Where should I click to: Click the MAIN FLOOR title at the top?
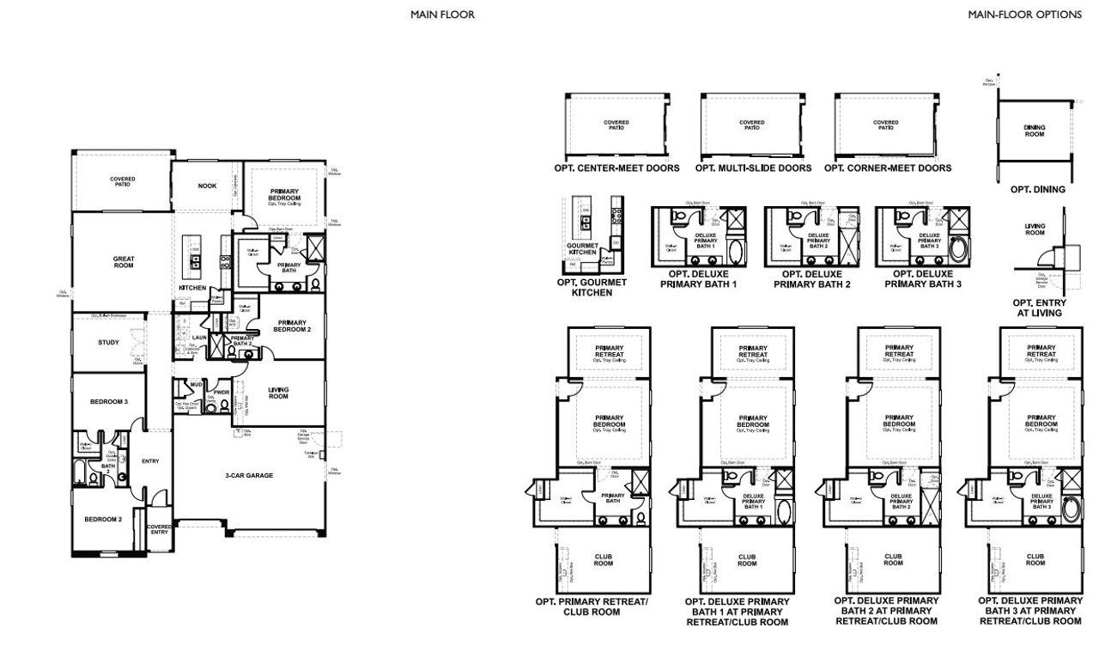pyautogui.click(x=442, y=15)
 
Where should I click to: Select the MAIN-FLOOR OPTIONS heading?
pyautogui.click(x=1024, y=15)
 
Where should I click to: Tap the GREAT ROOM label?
pyautogui.click(x=124, y=262)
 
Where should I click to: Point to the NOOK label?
pyautogui.click(x=207, y=186)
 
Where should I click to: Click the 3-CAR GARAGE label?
pyautogui.click(x=249, y=475)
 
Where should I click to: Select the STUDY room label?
pyautogui.click(x=108, y=344)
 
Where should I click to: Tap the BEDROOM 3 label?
pyautogui.click(x=109, y=401)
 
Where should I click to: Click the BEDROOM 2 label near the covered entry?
pyautogui.click(x=102, y=519)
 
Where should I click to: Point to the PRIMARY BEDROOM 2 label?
pyautogui.click(x=292, y=326)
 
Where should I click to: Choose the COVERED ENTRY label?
pyautogui.click(x=159, y=529)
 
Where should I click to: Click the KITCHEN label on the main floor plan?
pyautogui.click(x=192, y=288)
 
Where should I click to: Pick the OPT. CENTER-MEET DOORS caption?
pyautogui.click(x=617, y=168)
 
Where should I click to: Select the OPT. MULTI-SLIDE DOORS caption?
pyautogui.click(x=753, y=168)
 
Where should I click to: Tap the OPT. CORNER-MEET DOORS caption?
pyautogui.click(x=888, y=168)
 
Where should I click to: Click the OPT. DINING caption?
pyautogui.click(x=1037, y=189)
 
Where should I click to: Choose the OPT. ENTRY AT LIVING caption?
pyautogui.click(x=1039, y=308)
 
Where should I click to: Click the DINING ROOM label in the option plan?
pyautogui.click(x=1035, y=131)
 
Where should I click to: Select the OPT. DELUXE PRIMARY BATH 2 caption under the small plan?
pyautogui.click(x=811, y=279)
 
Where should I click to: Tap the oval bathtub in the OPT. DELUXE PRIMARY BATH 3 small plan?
pyautogui.click(x=959, y=250)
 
